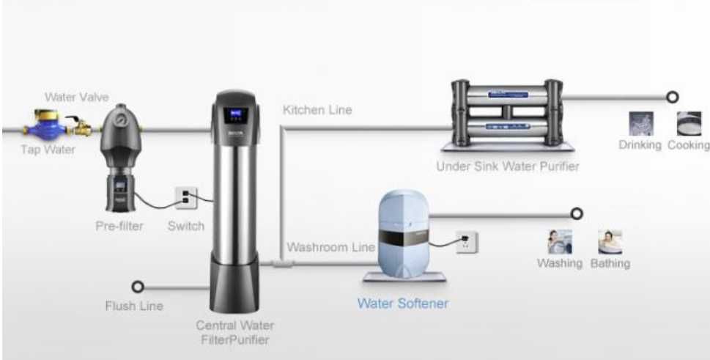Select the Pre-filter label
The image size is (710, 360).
(x=119, y=226)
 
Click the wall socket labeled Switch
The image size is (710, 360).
(x=186, y=199)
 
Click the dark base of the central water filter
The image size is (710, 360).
(x=234, y=283)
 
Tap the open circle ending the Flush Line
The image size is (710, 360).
(x=137, y=287)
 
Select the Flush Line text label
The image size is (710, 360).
(x=133, y=306)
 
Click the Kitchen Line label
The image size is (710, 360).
(x=317, y=110)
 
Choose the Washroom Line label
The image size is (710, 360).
(x=330, y=247)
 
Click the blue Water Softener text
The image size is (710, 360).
(x=403, y=303)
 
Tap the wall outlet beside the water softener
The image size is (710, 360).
(x=467, y=241)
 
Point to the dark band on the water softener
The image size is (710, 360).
(x=404, y=236)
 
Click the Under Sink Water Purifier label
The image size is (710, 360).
(x=508, y=166)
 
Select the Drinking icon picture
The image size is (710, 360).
(x=640, y=124)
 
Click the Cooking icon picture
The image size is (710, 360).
(x=689, y=124)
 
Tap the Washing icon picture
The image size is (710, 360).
(x=560, y=242)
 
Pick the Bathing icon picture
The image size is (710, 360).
(x=610, y=242)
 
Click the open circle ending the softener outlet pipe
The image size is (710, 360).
(x=577, y=213)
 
